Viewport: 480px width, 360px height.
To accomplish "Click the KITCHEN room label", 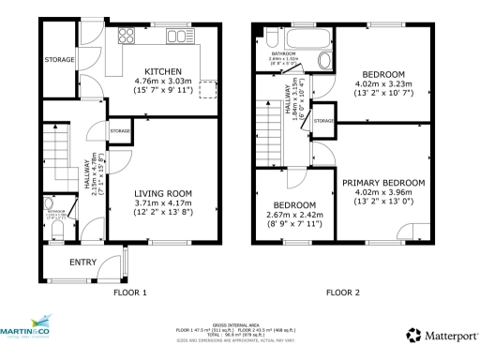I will pyautogui.click(x=163, y=71).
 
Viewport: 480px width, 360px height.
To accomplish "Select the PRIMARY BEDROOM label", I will pyautogui.click(x=382, y=183).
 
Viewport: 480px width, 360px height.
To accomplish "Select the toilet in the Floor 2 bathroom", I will pyautogui.click(x=325, y=61).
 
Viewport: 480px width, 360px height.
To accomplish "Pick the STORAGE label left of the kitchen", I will pyautogui.click(x=58, y=60).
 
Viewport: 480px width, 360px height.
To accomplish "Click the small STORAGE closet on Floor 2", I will pyautogui.click(x=324, y=121).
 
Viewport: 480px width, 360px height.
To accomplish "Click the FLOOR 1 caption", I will pyautogui.click(x=130, y=293).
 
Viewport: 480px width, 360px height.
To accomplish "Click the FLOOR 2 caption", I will pyautogui.click(x=346, y=293).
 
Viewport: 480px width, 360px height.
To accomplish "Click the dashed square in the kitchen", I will pyautogui.click(x=208, y=90).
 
